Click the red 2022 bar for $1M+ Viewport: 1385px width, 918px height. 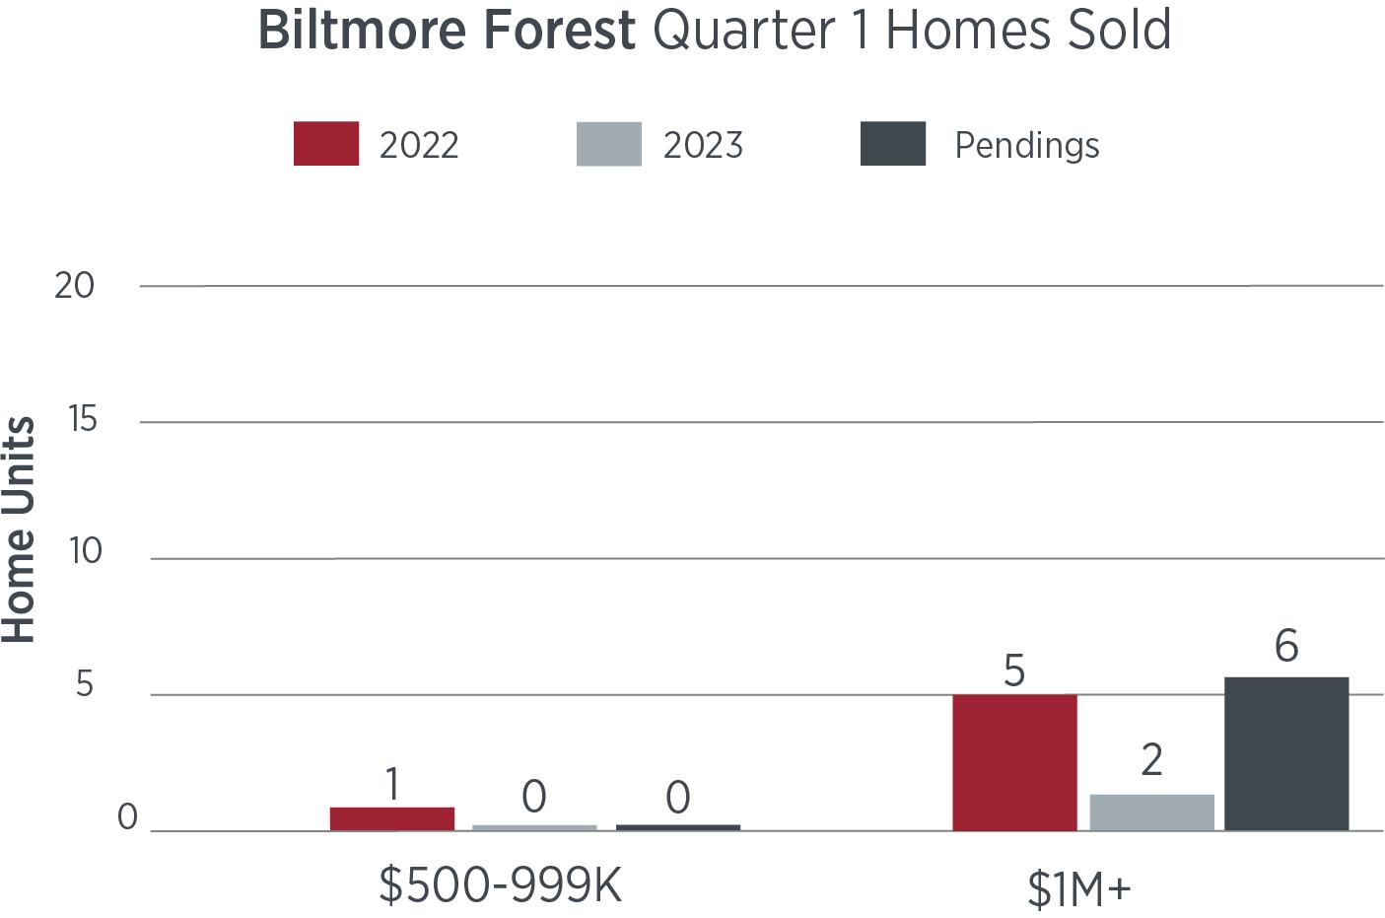tap(1014, 762)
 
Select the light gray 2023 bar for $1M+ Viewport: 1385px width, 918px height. tap(1152, 812)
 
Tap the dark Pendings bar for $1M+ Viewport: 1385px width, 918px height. tap(1286, 753)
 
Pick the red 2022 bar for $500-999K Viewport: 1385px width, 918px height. tap(392, 818)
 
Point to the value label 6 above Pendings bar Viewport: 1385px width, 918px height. tap(1286, 646)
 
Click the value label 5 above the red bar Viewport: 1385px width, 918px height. tap(1014, 671)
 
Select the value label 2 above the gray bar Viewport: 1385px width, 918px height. tap(1152, 759)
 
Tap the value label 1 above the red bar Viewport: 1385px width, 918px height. tap(392, 784)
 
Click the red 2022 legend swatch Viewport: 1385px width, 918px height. tap(326, 144)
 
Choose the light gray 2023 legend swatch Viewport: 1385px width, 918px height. tap(609, 144)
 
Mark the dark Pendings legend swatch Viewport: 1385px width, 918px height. tap(893, 144)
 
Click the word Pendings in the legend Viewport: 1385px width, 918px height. tap(1027, 146)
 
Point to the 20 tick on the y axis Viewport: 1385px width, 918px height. tap(74, 286)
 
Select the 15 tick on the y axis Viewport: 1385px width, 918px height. tap(83, 419)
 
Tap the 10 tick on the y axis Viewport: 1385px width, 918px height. tap(85, 551)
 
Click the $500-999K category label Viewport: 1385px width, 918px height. tap(500, 885)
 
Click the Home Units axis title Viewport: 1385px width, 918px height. tap(18, 530)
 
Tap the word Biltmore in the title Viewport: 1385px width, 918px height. tap(362, 30)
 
